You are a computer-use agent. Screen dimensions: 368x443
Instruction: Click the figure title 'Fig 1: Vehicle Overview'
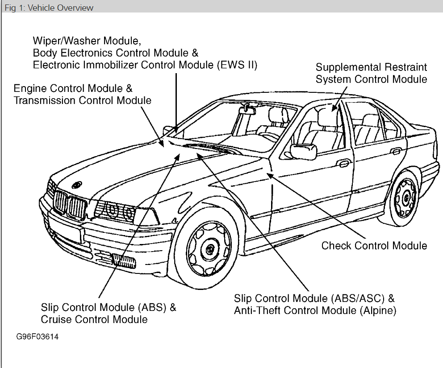49,8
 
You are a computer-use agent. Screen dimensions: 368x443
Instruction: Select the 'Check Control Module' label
374,246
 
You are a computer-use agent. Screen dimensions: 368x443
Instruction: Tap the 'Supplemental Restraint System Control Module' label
371,73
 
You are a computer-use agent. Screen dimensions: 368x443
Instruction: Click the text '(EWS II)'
237,65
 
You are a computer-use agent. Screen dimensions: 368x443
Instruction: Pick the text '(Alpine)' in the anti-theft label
378,310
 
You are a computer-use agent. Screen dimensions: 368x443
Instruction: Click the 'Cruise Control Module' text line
94,319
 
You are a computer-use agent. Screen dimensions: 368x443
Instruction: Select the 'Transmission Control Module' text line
83,100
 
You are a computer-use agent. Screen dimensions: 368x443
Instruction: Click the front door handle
343,162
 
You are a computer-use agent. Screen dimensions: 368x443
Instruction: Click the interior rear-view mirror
245,108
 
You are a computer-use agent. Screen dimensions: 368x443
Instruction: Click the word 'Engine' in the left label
31,88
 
